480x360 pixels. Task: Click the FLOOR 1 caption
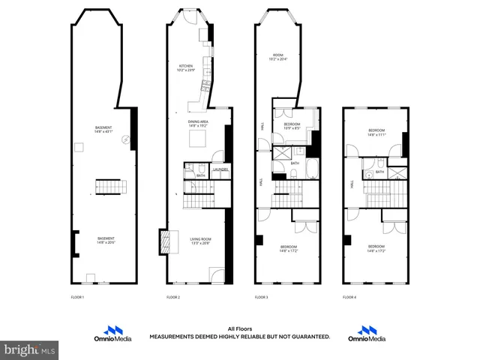point(78,298)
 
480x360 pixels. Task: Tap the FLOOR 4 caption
point(349,298)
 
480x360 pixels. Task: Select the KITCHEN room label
point(186,67)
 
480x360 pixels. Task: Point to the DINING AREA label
point(198,124)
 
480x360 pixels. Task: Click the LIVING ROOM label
point(199,241)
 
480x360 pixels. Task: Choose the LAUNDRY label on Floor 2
point(220,170)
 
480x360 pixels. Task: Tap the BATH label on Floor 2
point(200,175)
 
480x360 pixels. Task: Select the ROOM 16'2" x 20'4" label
point(277,58)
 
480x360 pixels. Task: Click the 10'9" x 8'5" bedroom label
point(292,126)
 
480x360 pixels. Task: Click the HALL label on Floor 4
point(351,183)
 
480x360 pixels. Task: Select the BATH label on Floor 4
point(379,172)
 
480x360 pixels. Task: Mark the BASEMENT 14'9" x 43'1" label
point(103,129)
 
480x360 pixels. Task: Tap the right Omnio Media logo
point(367,334)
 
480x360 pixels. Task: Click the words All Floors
point(239,328)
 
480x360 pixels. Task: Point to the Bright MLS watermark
point(30,349)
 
